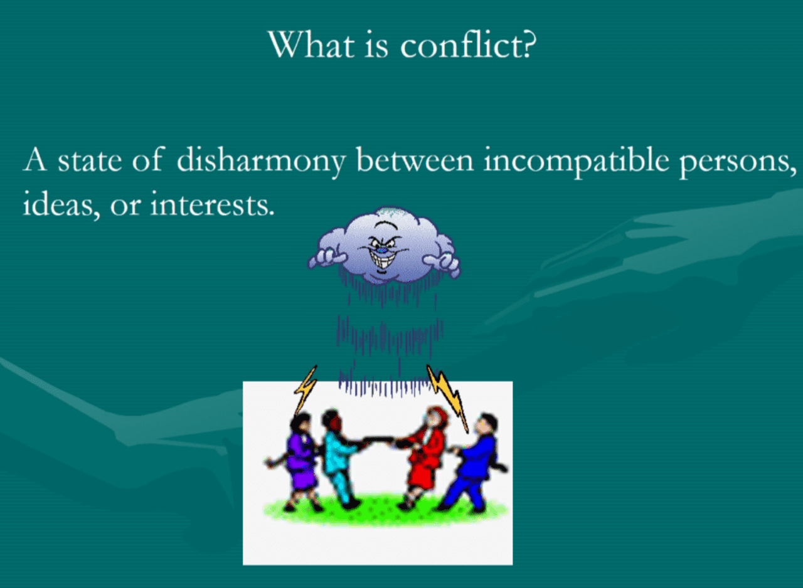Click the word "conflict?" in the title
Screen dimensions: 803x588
click(468, 45)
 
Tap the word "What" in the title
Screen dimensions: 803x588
click(312, 45)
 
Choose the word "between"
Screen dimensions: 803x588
click(415, 160)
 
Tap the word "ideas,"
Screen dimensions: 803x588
click(61, 204)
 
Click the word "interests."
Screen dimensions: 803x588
click(212, 204)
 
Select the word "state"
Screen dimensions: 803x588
click(90, 162)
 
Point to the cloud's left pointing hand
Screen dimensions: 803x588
click(328, 258)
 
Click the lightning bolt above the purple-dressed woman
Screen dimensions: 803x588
click(306, 391)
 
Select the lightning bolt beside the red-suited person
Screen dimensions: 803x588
click(448, 398)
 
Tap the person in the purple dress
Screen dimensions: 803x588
click(297, 462)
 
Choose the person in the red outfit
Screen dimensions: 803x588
click(425, 458)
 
